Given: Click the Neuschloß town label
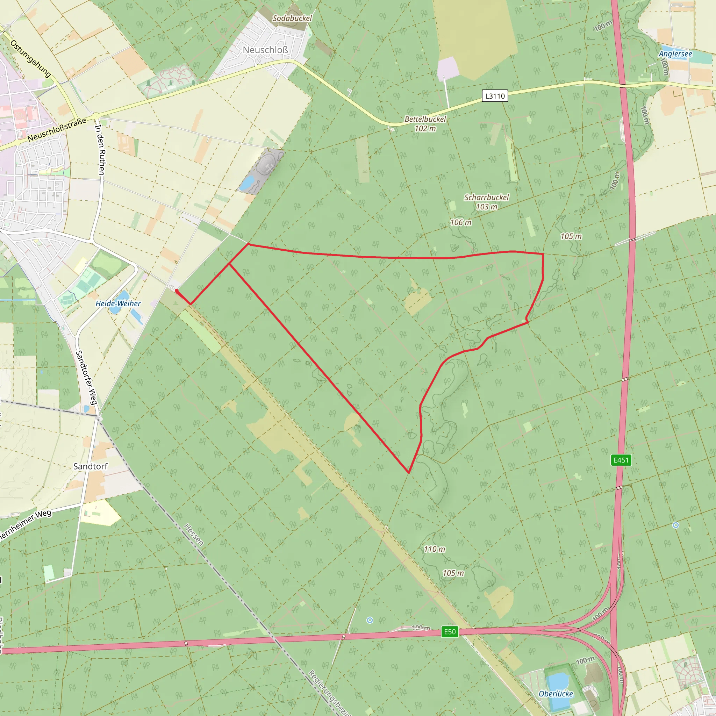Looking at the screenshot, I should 265,50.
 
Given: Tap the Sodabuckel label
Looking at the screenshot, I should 292,18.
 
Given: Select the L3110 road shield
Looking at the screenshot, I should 495,96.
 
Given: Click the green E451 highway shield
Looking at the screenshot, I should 621,460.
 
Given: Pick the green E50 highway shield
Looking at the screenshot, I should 450,631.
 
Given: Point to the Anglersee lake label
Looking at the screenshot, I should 675,54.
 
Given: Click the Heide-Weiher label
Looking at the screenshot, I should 118,303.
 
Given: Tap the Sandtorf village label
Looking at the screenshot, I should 90,466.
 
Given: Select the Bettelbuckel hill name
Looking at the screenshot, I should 425,119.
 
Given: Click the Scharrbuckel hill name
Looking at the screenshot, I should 486,198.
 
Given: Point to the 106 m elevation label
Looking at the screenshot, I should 460,222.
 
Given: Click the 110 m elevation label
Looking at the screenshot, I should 434,549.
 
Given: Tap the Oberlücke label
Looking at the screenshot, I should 556,694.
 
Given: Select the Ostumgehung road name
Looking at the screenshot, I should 31,58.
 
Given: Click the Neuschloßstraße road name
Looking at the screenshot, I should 57,129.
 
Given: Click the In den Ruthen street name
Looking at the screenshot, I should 100,150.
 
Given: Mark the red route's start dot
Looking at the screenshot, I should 177,291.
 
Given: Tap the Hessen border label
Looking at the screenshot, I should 193,535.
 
